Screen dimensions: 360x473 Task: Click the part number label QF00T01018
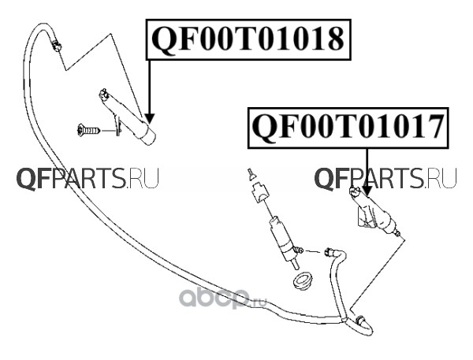[247, 37]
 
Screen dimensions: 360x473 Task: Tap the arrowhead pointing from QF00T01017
[367, 191]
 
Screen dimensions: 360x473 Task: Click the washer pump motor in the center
[279, 235]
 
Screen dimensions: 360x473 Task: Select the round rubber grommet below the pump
[303, 280]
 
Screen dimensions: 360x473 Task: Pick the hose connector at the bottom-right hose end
[362, 321]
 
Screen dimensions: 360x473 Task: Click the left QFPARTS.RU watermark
[88, 180]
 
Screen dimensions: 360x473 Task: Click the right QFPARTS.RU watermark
[385, 180]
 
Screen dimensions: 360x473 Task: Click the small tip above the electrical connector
[250, 173]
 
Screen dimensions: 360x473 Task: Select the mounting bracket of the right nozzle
[364, 217]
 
